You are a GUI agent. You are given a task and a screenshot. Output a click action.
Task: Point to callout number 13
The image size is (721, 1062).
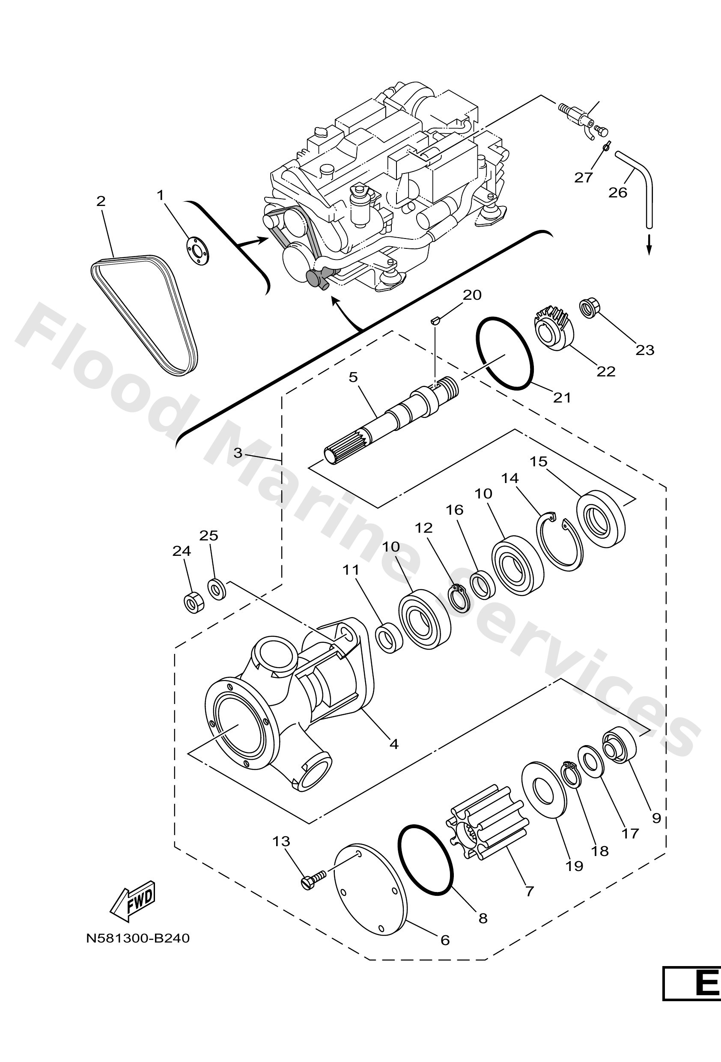tap(281, 841)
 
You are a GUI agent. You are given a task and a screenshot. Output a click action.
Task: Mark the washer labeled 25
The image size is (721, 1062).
tap(217, 589)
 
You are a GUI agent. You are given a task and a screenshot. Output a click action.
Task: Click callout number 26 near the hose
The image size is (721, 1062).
tap(618, 192)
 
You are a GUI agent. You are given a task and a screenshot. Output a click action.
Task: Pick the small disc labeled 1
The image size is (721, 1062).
tap(197, 250)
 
